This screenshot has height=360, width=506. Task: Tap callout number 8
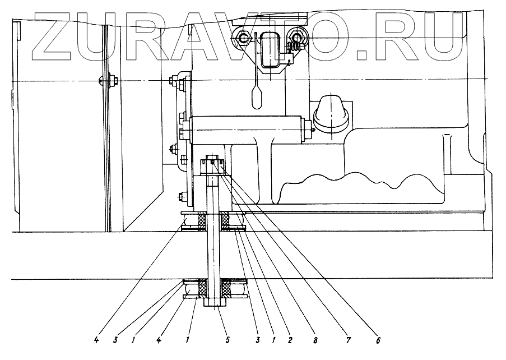click(x=315, y=340)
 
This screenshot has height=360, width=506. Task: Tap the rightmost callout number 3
click(x=257, y=340)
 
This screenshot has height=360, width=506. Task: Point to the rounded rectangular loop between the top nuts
click(x=270, y=49)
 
